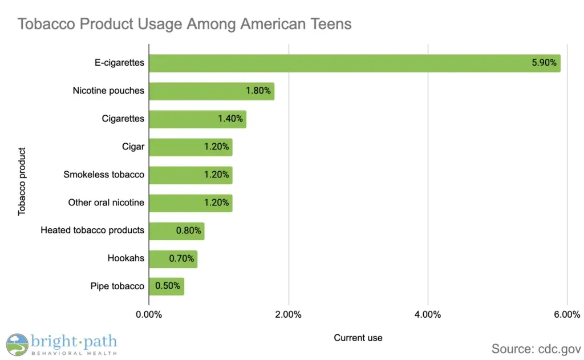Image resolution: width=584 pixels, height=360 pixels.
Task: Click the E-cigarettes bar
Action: (354, 63)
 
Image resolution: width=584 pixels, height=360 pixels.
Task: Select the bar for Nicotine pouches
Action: (211, 91)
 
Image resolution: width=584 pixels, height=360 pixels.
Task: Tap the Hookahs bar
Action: (173, 259)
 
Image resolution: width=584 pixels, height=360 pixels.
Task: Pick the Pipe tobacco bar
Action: (166, 286)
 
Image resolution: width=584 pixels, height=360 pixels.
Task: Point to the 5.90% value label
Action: (544, 63)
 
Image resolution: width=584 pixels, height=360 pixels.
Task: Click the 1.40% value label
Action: (230, 119)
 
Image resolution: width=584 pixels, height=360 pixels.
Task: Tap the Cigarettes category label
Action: (123, 119)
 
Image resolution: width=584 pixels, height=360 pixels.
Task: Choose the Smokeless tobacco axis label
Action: (104, 175)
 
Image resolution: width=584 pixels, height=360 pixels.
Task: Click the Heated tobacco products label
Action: (92, 230)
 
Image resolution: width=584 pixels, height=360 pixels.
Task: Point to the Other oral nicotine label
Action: (106, 203)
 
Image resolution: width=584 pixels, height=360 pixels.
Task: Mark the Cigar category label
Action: (133, 147)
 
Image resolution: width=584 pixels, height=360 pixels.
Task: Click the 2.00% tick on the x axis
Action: (289, 315)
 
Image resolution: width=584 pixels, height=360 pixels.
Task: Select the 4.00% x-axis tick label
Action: (428, 315)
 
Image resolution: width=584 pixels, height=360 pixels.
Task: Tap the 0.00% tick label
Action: (149, 315)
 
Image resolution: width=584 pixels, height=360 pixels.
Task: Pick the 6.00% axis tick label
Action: (567, 315)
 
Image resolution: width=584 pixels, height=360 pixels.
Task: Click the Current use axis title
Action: (358, 338)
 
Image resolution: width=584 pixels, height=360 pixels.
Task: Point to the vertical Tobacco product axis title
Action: (22, 181)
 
